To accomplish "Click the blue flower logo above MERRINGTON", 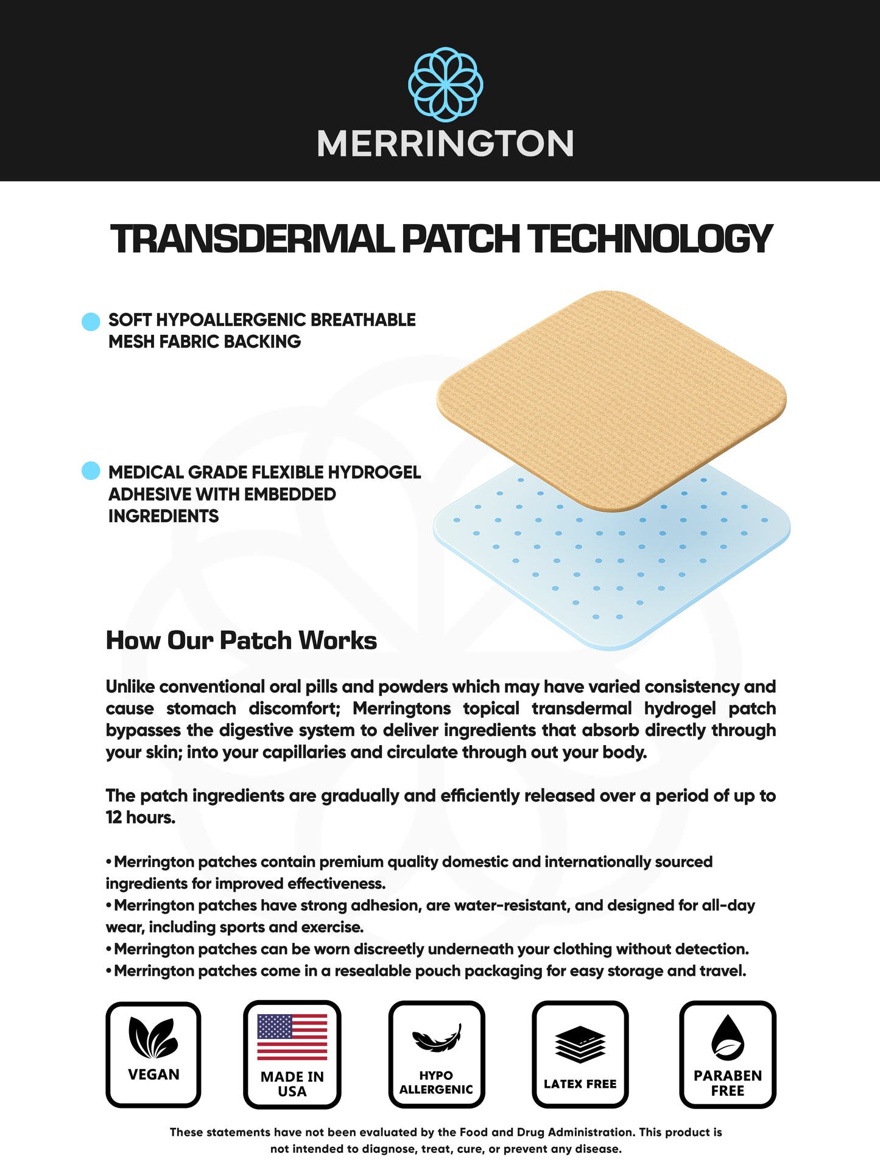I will [445, 85].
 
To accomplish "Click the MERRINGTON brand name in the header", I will [445, 144].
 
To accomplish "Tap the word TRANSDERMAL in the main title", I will [253, 239].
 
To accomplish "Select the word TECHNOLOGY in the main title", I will [650, 239].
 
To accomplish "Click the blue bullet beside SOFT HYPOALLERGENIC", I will [91, 321].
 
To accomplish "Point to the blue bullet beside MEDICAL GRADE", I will [91, 471].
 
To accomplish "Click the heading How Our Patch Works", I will [241, 640].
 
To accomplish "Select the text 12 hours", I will [140, 818].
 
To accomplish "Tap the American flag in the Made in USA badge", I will [292, 1037].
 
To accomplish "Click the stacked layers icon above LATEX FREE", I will [580, 1044].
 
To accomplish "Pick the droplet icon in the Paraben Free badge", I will [728, 1037].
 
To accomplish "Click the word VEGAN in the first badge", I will [153, 1074].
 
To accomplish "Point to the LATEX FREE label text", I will [580, 1084].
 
